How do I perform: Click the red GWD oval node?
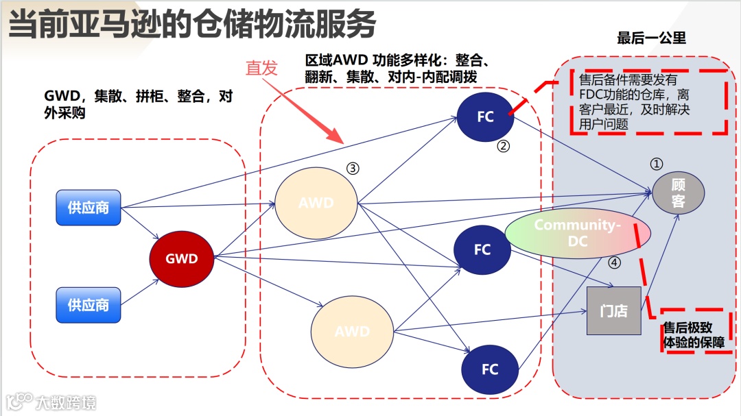182,259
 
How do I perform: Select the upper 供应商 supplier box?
89,207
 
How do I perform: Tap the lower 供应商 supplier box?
89,304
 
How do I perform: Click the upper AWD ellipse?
316,204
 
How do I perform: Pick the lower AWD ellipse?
352,332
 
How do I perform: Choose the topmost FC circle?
486,117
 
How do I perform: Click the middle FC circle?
483,249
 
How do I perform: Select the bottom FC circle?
490,369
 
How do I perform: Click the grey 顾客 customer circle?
679,193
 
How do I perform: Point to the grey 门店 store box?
613,310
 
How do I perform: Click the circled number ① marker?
657,164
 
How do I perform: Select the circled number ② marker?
504,146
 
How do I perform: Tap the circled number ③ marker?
353,169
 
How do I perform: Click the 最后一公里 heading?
651,38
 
